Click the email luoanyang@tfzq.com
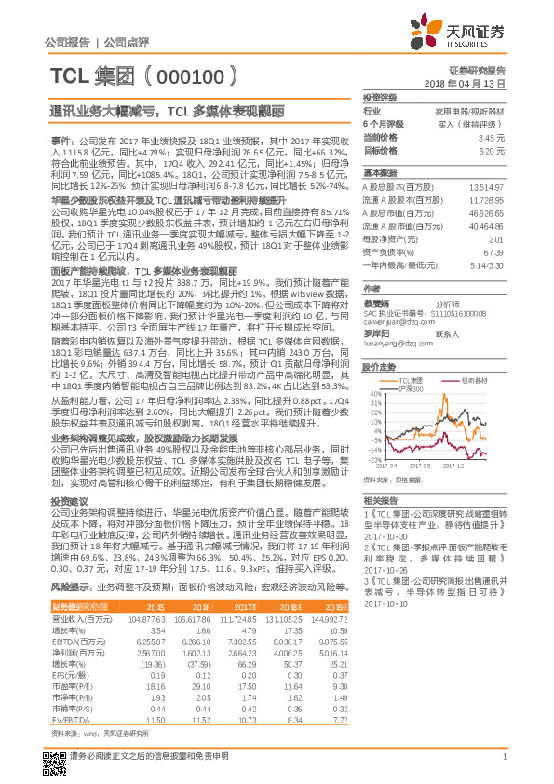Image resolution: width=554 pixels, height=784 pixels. click(x=391, y=341)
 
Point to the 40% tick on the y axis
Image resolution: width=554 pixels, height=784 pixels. click(x=374, y=394)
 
